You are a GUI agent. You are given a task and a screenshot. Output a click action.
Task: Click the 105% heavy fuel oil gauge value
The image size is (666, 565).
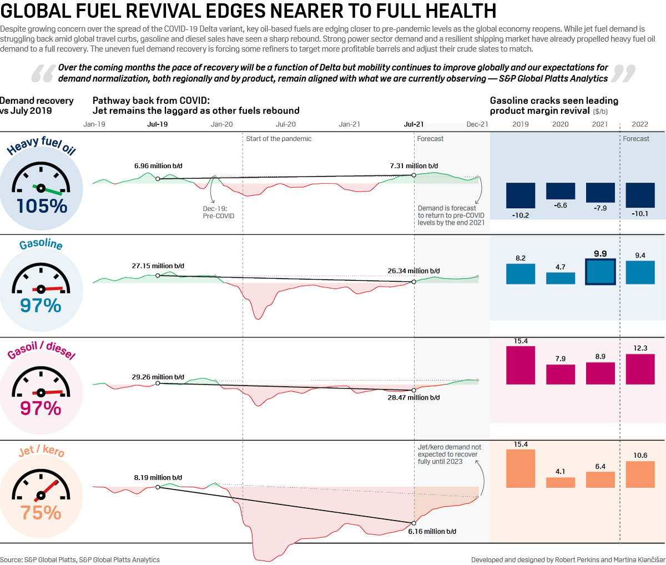click(42, 206)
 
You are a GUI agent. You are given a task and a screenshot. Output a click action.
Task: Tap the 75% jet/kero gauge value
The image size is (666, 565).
click(41, 513)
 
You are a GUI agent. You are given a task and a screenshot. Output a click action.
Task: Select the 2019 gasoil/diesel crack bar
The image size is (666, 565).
click(521, 365)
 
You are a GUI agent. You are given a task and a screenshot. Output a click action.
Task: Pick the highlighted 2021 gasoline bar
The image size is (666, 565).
click(601, 272)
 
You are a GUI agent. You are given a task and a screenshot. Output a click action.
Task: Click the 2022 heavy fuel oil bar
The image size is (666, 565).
click(640, 195)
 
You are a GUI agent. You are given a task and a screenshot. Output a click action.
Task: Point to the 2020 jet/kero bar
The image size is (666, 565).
click(561, 482)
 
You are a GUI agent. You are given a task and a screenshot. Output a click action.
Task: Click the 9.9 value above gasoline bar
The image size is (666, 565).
click(601, 254)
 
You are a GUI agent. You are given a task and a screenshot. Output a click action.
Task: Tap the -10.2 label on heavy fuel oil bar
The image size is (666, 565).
click(521, 215)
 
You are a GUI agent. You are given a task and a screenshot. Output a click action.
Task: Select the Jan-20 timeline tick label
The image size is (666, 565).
click(221, 124)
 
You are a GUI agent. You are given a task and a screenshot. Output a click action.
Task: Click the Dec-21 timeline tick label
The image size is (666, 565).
click(477, 124)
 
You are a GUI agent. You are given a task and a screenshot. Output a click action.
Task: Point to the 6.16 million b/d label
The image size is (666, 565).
click(432, 532)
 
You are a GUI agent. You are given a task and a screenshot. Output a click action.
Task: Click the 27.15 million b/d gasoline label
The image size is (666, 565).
click(158, 266)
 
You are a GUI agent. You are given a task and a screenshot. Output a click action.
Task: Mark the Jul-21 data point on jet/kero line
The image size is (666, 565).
click(413, 523)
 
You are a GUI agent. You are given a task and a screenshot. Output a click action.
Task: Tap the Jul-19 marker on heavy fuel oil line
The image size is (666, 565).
click(158, 179)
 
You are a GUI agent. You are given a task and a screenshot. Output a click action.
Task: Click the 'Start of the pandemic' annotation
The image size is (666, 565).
click(279, 139)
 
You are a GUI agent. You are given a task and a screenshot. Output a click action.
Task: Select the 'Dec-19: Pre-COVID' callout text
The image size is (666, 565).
click(218, 213)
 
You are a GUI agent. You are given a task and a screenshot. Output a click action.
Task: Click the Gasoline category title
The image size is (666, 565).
click(41, 244)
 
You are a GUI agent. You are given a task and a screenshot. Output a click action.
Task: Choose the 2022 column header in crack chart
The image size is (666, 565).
click(640, 124)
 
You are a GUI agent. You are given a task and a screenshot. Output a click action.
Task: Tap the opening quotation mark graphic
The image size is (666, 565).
click(42, 73)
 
